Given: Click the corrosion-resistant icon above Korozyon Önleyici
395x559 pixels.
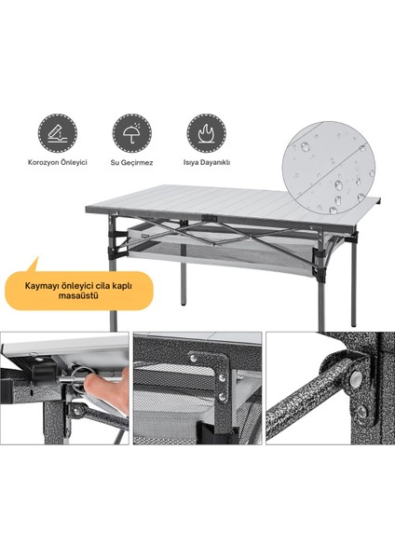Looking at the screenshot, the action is point(58,133).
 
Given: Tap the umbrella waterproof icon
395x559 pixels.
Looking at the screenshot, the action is point(132,133).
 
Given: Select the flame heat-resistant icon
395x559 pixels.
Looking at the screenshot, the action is point(207,133).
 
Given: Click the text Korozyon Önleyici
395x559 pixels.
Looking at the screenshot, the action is point(58,162).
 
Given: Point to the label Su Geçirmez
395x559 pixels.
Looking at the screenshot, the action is point(131,163).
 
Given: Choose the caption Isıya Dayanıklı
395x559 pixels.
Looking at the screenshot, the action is point(207,162).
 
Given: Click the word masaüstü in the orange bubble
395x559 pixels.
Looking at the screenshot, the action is point(78,295).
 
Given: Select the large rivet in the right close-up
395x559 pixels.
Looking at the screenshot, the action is point(356,378).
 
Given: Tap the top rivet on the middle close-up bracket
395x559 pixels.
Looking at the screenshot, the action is point(194,358).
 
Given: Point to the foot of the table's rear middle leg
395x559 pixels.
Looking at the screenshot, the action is point(184,304).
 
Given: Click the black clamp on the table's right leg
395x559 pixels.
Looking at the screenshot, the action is point(318,253).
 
